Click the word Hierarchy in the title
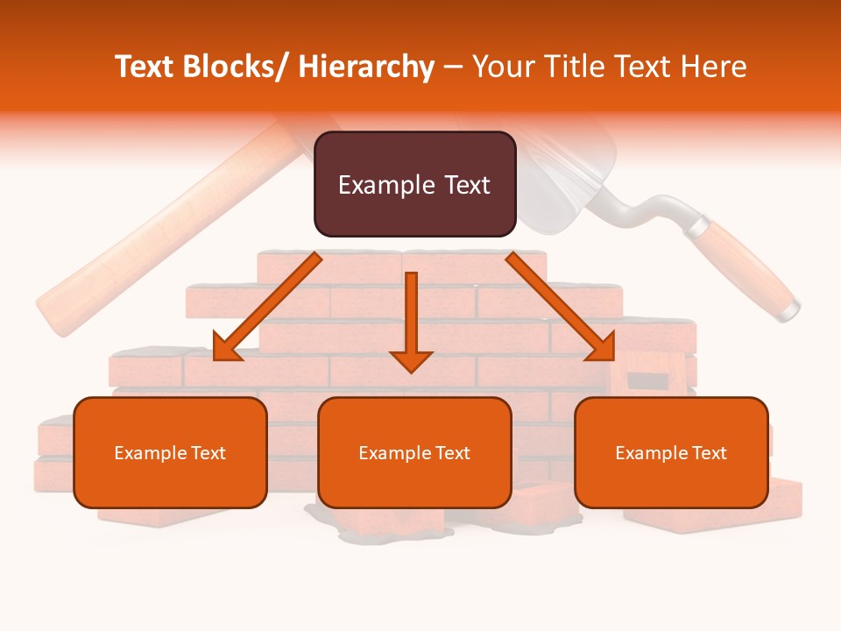pyautogui.click(x=366, y=67)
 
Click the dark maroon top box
pyautogui.click(x=414, y=184)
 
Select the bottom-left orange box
pyautogui.click(x=170, y=452)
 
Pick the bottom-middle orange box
pyautogui.click(x=414, y=452)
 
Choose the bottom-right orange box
pyautogui.click(x=671, y=452)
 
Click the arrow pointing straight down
pyautogui.click(x=411, y=324)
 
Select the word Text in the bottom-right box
pyautogui.click(x=710, y=453)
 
